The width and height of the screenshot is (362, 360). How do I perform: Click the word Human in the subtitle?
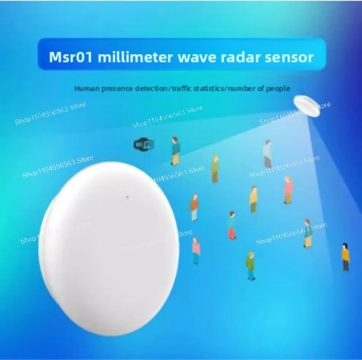86,88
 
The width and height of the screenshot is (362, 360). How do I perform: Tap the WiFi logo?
144,144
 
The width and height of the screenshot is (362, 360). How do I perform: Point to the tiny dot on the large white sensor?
128,197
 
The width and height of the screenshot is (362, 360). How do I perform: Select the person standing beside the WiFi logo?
175,151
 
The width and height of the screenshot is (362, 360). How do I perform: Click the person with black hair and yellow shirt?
345,257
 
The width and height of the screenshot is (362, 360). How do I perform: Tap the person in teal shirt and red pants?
232,225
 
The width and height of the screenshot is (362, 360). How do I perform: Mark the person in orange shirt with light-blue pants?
194,207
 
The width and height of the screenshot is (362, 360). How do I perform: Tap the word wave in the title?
185,58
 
